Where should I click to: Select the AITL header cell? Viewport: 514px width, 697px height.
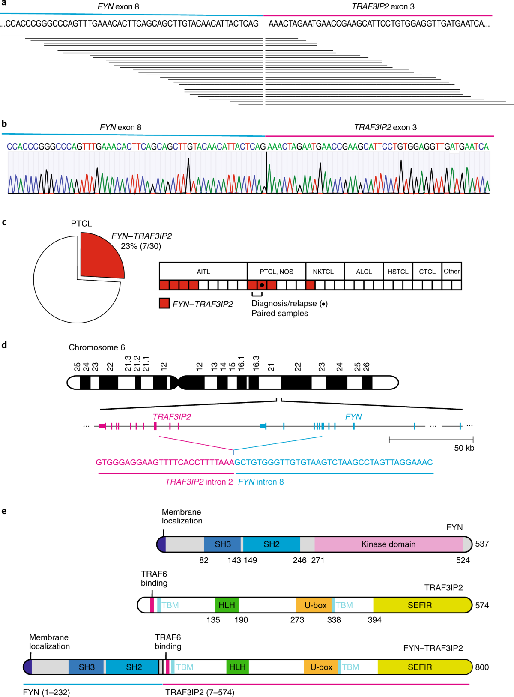(x=203, y=272)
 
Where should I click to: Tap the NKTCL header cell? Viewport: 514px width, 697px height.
(x=323, y=272)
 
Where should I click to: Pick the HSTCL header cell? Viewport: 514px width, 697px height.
(x=398, y=272)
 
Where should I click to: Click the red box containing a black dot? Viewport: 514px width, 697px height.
(x=262, y=285)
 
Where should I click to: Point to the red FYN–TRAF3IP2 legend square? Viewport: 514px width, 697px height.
(x=164, y=304)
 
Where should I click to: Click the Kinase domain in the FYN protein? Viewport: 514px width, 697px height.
(x=388, y=544)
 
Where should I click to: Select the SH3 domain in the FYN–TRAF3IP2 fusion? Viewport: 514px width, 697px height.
(x=87, y=667)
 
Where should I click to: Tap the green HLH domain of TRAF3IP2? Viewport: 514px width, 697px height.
(x=227, y=605)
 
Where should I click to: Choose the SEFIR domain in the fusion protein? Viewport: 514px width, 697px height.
(x=420, y=667)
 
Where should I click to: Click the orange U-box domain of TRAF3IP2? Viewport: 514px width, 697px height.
(x=315, y=605)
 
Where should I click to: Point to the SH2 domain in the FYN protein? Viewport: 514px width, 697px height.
(x=272, y=544)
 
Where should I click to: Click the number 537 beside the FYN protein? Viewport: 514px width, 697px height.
(x=482, y=544)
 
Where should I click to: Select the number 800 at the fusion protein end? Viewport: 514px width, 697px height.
(x=482, y=667)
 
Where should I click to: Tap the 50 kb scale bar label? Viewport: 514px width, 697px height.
(x=464, y=448)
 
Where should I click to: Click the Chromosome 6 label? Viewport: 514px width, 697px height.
(x=97, y=347)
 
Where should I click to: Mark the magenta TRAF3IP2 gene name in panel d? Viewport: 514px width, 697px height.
(x=172, y=417)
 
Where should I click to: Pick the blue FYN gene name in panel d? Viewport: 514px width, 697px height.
(x=353, y=417)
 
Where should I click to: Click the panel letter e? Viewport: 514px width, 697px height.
(x=4, y=511)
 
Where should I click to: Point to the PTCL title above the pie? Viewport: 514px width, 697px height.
(x=81, y=224)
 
